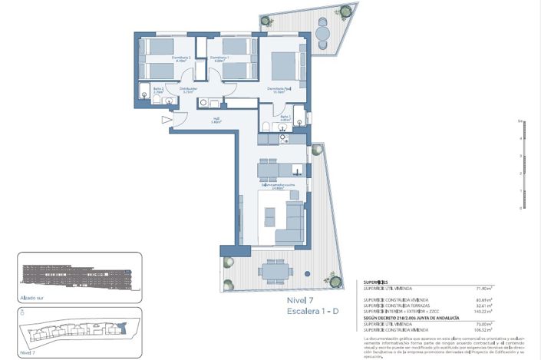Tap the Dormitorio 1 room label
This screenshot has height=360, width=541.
[219, 59]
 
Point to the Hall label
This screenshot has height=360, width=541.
[217, 119]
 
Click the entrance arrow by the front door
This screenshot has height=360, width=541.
[167, 120]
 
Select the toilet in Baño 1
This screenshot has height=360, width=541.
[265, 127]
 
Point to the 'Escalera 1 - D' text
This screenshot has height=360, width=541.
[313, 313]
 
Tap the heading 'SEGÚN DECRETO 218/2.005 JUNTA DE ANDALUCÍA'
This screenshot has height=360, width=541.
[411, 316]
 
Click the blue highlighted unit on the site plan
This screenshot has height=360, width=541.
[120, 330]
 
